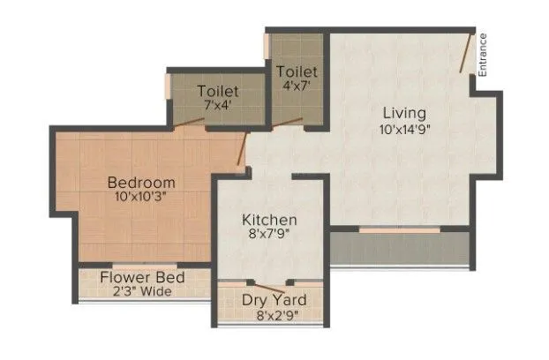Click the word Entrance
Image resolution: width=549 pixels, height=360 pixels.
[x=483, y=56]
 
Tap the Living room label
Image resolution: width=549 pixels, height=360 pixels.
[x=405, y=113]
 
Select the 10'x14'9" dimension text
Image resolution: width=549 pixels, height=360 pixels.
[x=405, y=129]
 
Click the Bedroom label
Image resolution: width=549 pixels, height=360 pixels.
[x=141, y=183]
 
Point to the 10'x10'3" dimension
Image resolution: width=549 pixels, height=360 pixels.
[x=141, y=197]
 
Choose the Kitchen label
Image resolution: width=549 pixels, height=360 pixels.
[x=269, y=220]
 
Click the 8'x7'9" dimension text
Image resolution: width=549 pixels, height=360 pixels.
[x=269, y=235]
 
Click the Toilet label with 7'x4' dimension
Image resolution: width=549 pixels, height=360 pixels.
[x=218, y=89]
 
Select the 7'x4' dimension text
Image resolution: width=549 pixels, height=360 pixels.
[x=218, y=103]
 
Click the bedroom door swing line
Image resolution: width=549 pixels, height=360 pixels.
[x=241, y=149]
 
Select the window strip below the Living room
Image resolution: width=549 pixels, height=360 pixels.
[x=399, y=231]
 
